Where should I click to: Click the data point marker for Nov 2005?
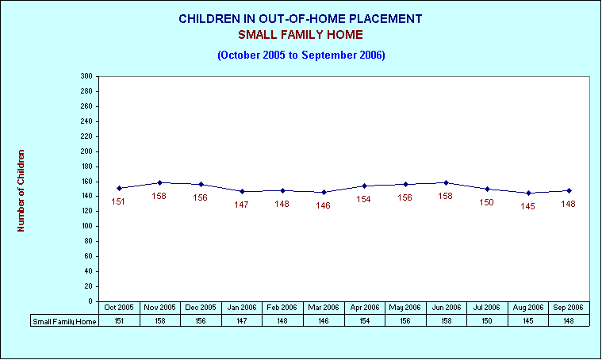click(160, 182)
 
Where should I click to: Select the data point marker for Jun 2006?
click(446, 182)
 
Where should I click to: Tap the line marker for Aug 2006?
click(528, 193)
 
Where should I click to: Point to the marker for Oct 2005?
click(119, 188)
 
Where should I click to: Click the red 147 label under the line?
click(241, 205)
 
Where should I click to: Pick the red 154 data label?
click(363, 199)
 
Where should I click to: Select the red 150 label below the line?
click(486, 202)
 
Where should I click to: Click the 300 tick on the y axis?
click(86, 76)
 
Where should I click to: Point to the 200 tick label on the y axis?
click(86, 151)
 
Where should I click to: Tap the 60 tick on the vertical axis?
click(88, 256)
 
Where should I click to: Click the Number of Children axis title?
click(21, 190)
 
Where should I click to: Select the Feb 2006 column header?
click(282, 308)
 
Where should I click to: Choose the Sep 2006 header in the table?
click(568, 308)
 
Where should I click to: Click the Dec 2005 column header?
click(201, 308)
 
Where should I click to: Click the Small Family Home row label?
click(64, 321)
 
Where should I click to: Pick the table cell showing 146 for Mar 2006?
click(324, 321)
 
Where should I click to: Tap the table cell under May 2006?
click(405, 321)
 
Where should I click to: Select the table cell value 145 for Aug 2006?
click(528, 321)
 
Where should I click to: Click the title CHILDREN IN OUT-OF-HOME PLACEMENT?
click(301, 19)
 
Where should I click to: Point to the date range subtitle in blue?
click(301, 55)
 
